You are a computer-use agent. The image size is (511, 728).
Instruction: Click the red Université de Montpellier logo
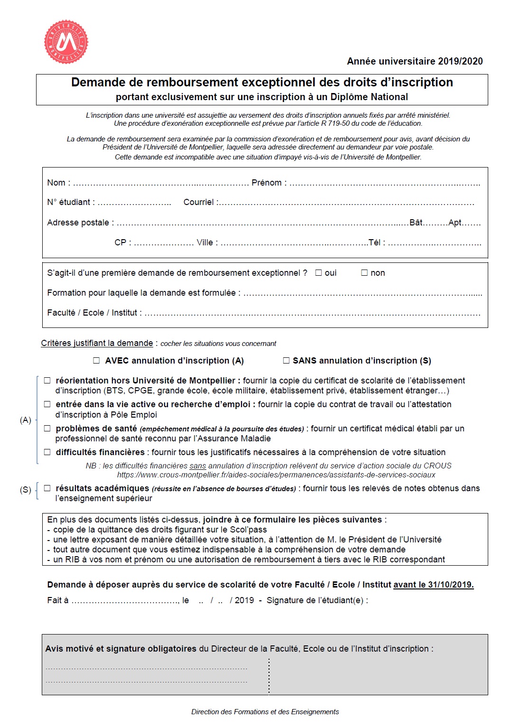(66, 42)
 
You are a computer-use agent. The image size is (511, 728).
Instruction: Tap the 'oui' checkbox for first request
(319, 273)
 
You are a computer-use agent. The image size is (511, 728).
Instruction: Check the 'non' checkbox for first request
(364, 273)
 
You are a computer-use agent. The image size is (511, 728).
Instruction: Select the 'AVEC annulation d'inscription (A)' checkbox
(97, 361)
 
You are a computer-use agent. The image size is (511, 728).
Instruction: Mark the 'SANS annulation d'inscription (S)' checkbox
(286, 361)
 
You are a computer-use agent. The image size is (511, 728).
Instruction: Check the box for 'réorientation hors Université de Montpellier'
(47, 381)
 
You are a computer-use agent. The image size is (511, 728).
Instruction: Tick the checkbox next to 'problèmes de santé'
(47, 429)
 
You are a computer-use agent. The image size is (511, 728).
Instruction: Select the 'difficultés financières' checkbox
(47, 452)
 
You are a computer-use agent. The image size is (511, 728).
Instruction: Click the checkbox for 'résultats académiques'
(47, 488)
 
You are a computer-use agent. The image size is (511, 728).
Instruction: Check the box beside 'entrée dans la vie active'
(47, 404)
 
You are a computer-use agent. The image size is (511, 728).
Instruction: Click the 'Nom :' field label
(58, 183)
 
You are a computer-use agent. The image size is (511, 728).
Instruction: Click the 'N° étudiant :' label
(71, 202)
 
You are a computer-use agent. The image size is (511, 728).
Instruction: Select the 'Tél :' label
(377, 243)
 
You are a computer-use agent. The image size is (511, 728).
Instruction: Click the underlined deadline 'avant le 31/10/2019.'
(433, 585)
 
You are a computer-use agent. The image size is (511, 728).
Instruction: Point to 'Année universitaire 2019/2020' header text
(415, 61)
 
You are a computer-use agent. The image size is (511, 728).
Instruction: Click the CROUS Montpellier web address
(276, 475)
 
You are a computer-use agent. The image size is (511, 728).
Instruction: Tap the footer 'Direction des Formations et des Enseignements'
(265, 712)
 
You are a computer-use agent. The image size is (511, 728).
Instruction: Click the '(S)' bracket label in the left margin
(26, 490)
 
